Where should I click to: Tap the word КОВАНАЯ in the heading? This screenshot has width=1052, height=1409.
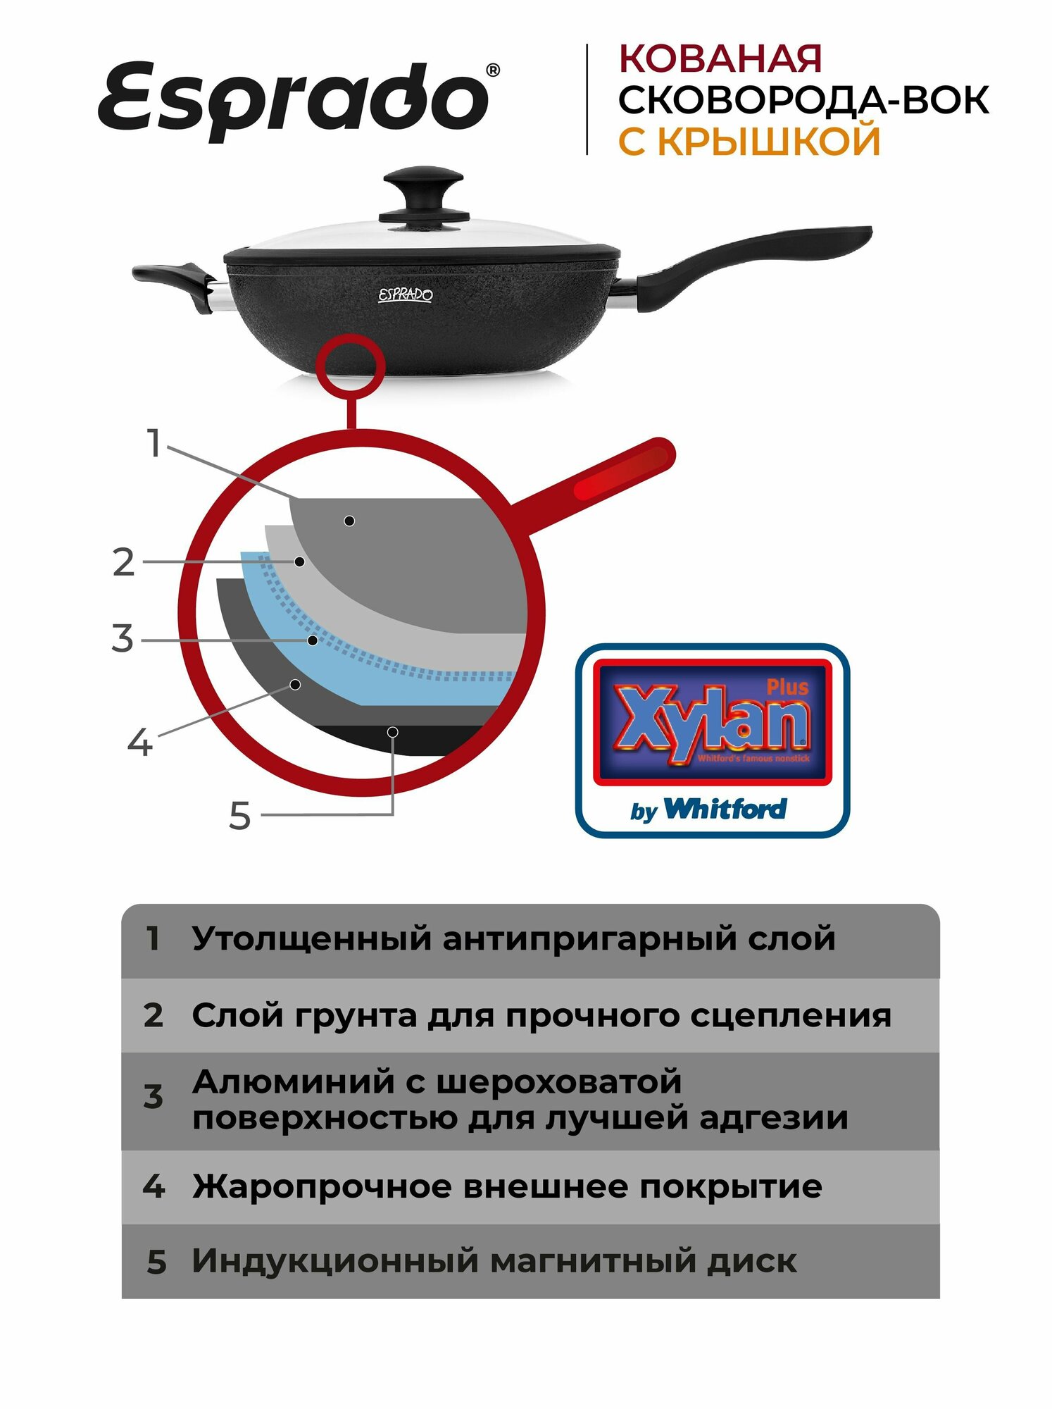point(720,58)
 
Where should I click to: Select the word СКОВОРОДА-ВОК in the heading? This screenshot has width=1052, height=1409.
point(803,99)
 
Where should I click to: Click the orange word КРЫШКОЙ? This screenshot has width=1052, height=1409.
point(769,141)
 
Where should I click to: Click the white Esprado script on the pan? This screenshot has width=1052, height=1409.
point(405,294)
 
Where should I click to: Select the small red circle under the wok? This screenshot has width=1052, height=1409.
point(351,365)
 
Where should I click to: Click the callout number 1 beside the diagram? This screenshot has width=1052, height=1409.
point(154,444)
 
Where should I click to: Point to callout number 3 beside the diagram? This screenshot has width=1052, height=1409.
point(123,638)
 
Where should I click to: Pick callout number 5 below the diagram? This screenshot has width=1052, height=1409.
point(239,816)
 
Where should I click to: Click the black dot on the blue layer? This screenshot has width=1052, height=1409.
point(312,640)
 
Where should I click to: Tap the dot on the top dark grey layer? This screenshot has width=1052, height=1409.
point(349,521)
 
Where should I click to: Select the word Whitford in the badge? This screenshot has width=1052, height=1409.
point(725,809)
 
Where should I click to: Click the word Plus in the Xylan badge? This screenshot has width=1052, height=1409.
point(787,687)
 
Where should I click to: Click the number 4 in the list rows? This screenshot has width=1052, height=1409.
point(154,1187)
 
